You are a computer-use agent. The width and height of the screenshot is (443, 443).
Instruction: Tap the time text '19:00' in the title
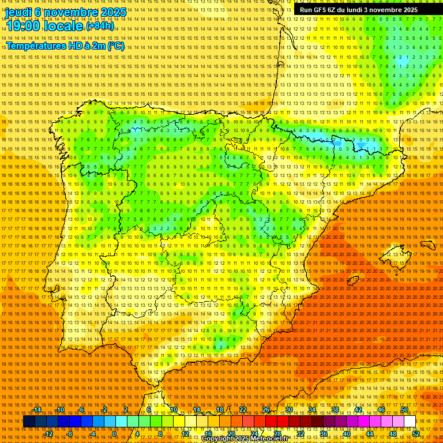click(22, 26)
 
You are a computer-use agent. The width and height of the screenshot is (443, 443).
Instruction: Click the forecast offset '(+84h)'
click(100, 26)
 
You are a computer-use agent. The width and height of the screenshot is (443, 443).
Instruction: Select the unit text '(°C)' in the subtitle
click(115, 46)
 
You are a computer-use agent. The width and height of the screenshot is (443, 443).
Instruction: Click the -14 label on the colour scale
click(37, 410)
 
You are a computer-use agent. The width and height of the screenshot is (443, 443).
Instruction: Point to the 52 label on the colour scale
click(416, 434)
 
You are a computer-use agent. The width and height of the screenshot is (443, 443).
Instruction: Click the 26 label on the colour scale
click(266, 410)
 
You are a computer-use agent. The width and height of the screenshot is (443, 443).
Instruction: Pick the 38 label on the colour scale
click(335, 410)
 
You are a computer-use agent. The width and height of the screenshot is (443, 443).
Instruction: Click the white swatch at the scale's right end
click(410, 422)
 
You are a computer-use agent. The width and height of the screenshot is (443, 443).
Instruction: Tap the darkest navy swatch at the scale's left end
click(29, 422)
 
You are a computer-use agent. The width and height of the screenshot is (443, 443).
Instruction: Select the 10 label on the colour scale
click(173, 410)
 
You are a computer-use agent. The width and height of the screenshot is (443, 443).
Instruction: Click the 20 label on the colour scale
click(231, 434)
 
